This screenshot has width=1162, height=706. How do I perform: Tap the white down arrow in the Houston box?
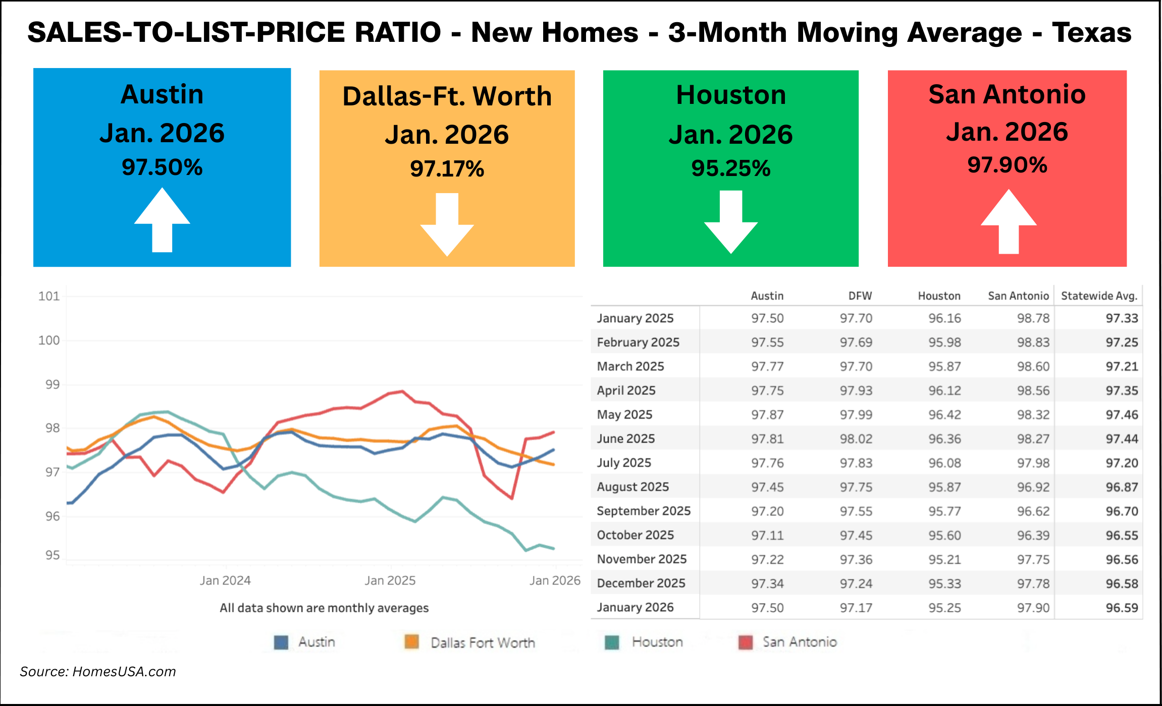click(x=730, y=221)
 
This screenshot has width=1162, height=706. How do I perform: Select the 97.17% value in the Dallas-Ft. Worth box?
click(x=447, y=169)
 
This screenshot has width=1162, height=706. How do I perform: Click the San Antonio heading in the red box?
click(x=1007, y=94)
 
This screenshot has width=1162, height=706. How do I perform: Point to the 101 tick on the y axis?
click(x=49, y=296)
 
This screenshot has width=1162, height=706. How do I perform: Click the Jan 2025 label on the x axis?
click(x=390, y=580)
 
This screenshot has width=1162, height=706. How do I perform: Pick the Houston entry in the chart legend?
click(x=656, y=642)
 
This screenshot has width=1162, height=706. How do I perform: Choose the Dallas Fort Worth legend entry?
click(x=482, y=642)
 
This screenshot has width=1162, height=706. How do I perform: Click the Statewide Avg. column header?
click(x=1099, y=296)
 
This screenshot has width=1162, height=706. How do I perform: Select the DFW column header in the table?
click(x=860, y=296)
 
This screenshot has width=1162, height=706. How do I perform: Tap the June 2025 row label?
click(x=625, y=439)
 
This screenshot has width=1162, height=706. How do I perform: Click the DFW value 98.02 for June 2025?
click(x=856, y=439)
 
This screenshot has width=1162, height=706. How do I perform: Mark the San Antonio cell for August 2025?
click(x=1033, y=487)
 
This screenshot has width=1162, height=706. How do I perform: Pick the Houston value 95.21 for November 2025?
click(x=944, y=559)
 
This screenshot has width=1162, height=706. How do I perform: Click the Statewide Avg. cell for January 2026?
click(x=1122, y=608)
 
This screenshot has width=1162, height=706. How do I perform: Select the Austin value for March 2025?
click(x=767, y=367)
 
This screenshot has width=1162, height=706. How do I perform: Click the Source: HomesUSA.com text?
click(x=98, y=672)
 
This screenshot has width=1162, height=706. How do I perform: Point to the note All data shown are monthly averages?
click(x=324, y=608)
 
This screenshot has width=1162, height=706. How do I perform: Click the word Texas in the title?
click(x=1091, y=33)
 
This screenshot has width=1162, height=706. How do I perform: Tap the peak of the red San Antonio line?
click(x=402, y=391)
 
